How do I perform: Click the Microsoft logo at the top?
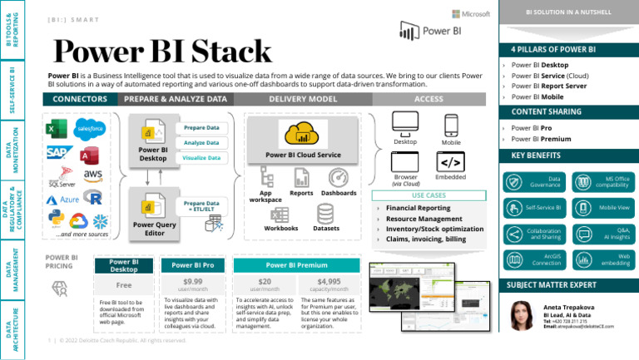pos(470,14)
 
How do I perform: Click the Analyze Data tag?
pos(201,142)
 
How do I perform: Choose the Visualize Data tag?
pos(201,157)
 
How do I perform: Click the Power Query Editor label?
pos(154,229)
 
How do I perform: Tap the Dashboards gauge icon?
pos(339,179)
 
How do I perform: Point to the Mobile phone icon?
pos(451,125)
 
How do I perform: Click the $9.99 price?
pos(192,282)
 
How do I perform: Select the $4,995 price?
pos(327,282)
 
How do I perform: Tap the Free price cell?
pos(124,284)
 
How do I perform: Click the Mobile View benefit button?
pos(602,206)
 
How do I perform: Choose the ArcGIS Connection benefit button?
pos(534,259)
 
